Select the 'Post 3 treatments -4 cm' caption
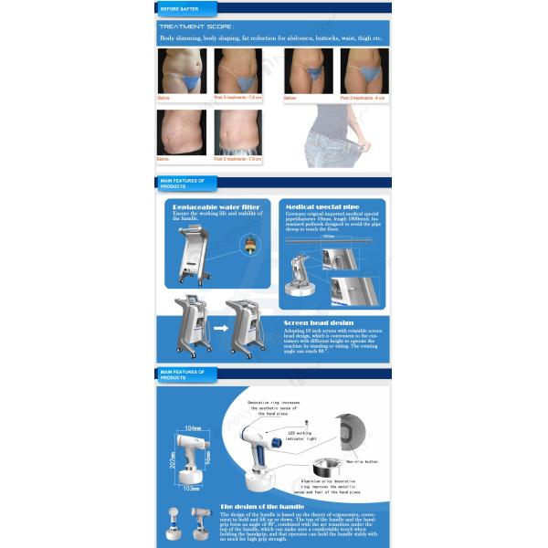tap(364, 97)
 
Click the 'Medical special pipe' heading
tap(317, 207)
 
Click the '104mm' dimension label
tap(192, 427)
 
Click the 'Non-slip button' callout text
tap(363, 462)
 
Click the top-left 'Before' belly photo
tap(182, 70)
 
